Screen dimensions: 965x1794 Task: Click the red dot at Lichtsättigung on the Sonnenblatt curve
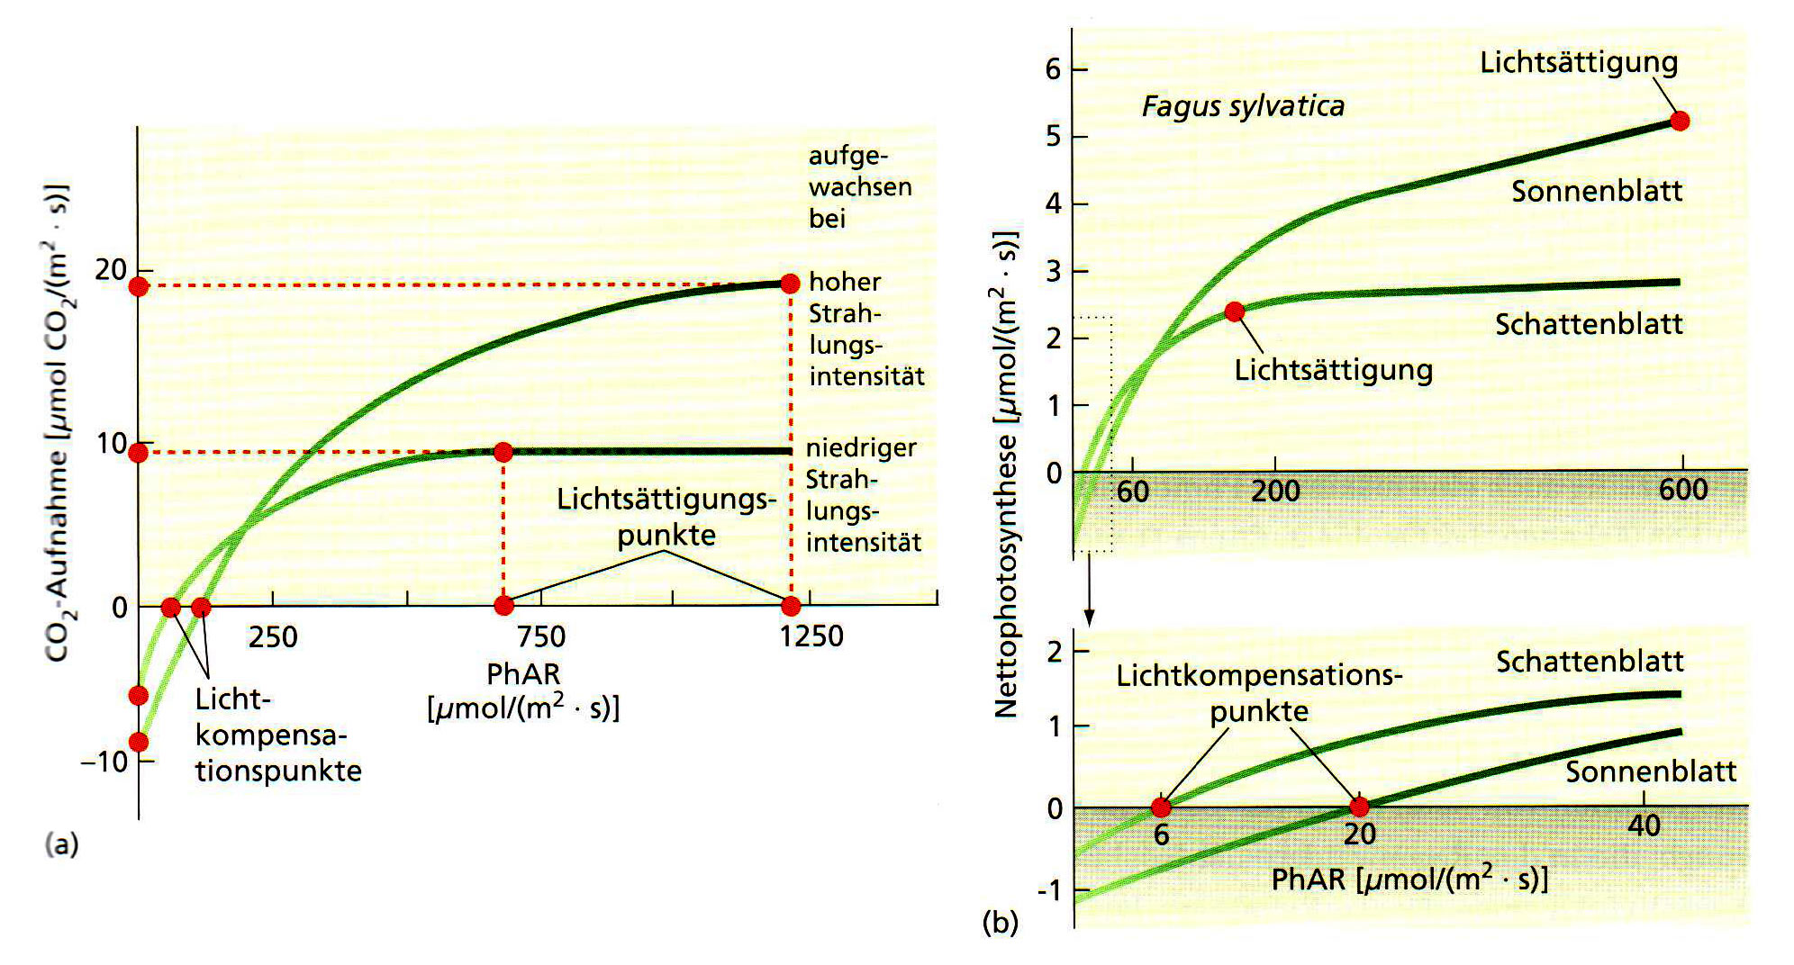(1680, 121)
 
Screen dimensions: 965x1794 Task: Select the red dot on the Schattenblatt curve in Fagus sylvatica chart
(1235, 311)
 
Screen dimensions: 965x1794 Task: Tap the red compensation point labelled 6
(1161, 807)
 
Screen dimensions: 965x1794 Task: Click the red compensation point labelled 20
(1359, 807)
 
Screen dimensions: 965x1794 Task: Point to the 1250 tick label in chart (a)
(811, 636)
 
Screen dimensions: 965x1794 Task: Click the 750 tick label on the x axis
(540, 637)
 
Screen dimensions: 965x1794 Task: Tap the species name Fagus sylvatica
(1243, 106)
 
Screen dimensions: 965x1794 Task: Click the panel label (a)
(62, 844)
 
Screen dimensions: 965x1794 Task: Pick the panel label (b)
(1001, 922)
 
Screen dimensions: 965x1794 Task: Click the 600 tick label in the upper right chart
(1682, 490)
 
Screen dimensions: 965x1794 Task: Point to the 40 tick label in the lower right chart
(1644, 825)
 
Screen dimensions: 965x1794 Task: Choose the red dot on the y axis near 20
(138, 286)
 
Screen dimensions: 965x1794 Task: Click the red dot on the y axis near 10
(138, 453)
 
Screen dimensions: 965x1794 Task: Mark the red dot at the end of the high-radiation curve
(790, 284)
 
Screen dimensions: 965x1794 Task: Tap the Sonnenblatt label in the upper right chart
(1596, 191)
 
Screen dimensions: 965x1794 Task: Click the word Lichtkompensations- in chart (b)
(1258, 675)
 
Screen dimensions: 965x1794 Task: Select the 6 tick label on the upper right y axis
(1053, 69)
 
